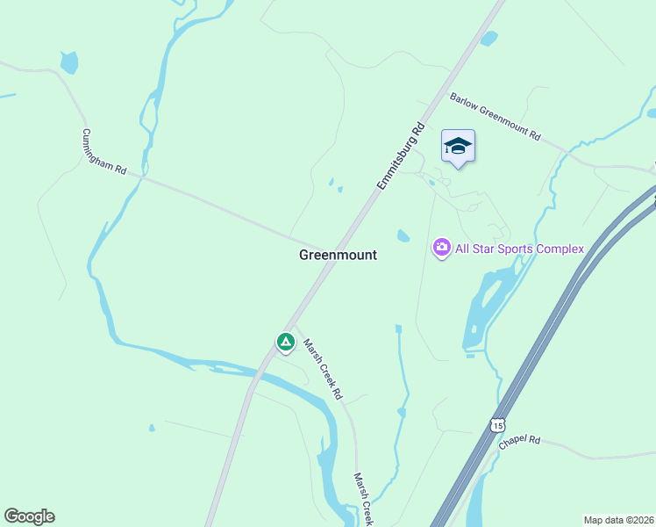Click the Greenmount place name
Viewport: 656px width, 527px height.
pyautogui.click(x=338, y=255)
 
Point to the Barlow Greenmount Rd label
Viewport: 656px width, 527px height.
pyautogui.click(x=495, y=118)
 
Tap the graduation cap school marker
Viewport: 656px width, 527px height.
pyautogui.click(x=458, y=146)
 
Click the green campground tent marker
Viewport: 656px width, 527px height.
pyautogui.click(x=285, y=342)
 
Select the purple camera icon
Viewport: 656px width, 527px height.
pyautogui.click(x=441, y=249)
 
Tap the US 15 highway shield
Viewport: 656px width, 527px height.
pyautogui.click(x=498, y=425)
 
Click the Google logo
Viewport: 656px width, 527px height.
pyautogui.click(x=29, y=516)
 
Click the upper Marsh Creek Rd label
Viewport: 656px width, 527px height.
pyautogui.click(x=322, y=369)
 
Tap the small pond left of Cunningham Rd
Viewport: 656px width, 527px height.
pyautogui.click(x=68, y=62)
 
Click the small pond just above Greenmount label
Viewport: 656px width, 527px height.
pyautogui.click(x=403, y=235)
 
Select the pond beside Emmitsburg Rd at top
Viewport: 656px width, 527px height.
pyautogui.click(x=488, y=39)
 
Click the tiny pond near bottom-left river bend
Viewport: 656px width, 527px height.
pyautogui.click(x=152, y=429)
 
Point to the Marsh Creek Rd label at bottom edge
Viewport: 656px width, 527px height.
pyautogui.click(x=364, y=499)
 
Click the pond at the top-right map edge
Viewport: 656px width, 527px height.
pyautogui.click(x=651, y=112)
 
